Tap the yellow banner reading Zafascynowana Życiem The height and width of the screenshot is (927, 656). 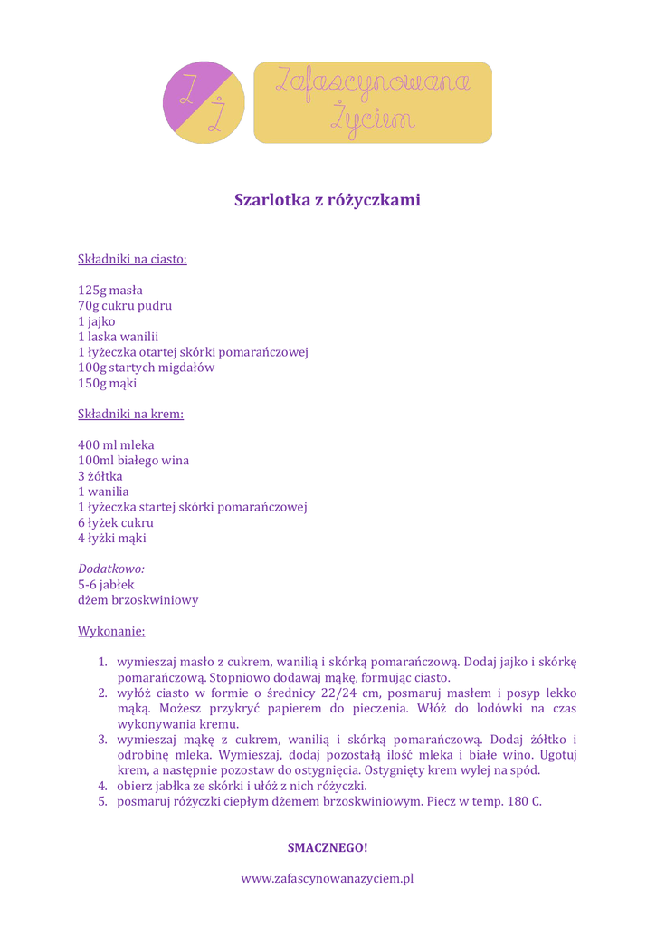(372, 102)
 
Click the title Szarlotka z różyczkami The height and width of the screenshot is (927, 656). (328, 200)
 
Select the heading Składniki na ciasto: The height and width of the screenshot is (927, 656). (132, 260)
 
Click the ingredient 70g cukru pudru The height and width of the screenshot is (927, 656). (125, 306)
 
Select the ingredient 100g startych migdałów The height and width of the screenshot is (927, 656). (147, 368)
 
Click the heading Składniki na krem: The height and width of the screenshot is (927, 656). (131, 415)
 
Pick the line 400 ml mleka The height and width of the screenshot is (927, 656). (116, 445)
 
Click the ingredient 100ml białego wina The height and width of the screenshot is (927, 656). (134, 461)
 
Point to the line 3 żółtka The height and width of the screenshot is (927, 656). (100, 476)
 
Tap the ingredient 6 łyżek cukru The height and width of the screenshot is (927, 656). (116, 522)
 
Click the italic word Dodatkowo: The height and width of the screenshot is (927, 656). (111, 569)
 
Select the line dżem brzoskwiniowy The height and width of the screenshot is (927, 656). (138, 599)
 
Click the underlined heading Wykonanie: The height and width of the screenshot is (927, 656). (111, 630)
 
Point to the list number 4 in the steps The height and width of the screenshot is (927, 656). (103, 786)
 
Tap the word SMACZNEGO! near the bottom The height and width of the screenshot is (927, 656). (328, 848)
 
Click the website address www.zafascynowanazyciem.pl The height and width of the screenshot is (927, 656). (328, 878)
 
